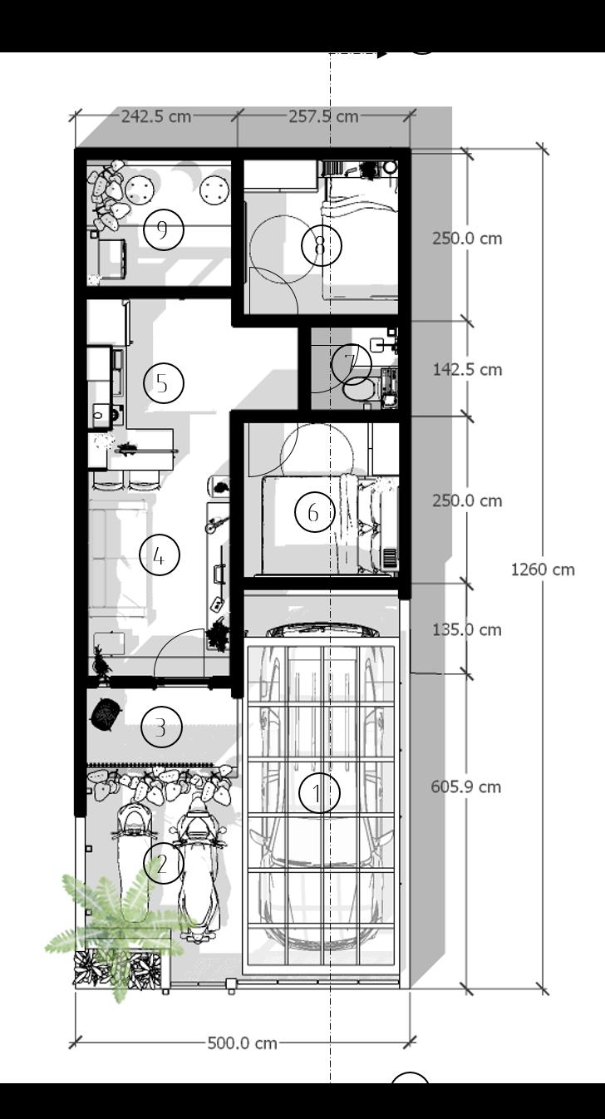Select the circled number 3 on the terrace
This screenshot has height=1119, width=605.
click(x=160, y=727)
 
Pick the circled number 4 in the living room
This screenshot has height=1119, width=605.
click(x=159, y=555)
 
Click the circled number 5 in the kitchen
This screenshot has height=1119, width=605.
click(x=163, y=383)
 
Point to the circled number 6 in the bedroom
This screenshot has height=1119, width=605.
click(x=314, y=512)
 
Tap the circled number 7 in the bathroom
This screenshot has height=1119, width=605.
click(x=350, y=362)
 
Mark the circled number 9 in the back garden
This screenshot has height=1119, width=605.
click(x=163, y=229)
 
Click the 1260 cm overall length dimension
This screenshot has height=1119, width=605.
click(x=542, y=569)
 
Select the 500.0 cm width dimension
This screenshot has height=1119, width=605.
click(x=242, y=1043)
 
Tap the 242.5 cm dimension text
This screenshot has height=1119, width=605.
click(x=155, y=116)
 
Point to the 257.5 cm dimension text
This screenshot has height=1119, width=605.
click(x=323, y=116)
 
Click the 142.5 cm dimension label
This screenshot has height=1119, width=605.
click(x=467, y=369)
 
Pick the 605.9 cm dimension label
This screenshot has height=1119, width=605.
click(x=466, y=786)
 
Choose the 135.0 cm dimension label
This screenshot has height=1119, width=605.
click(x=467, y=629)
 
